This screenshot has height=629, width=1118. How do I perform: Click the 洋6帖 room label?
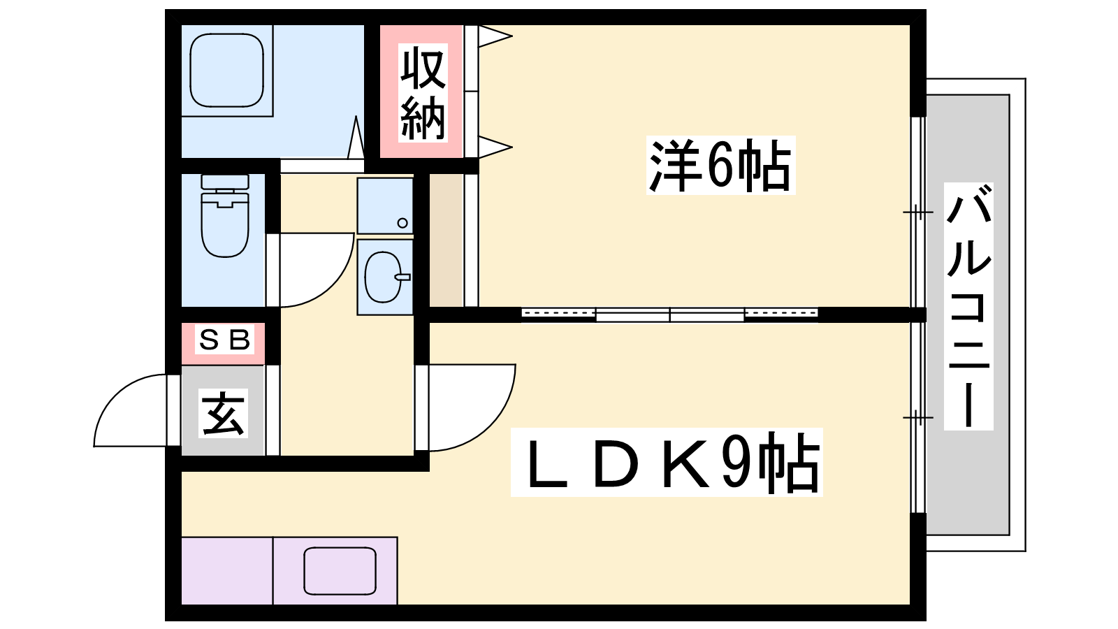coord(720,166)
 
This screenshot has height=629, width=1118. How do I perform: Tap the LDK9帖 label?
coord(667,462)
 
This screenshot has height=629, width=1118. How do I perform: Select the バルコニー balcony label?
coord(968,307)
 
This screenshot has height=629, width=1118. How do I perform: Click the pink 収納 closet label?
coord(422,92)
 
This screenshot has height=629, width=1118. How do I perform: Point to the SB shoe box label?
coord(224,340)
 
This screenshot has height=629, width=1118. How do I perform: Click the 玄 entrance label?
coord(224,414)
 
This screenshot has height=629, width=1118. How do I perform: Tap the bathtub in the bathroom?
coord(226,71)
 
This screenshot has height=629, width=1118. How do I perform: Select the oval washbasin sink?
coord(384,277)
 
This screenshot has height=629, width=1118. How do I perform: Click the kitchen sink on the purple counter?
coord(340,571)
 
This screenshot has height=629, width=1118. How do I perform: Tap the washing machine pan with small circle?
coord(385,205)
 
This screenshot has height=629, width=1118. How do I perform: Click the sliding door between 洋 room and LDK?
coord(669,314)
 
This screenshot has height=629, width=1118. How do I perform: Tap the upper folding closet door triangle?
coord(493,36)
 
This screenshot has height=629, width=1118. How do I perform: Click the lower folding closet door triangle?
coord(493,147)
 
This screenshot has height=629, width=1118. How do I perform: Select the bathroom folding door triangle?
coord(356,138)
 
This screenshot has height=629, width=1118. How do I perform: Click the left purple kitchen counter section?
coord(226,571)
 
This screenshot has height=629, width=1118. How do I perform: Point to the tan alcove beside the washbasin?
coord(446,240)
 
